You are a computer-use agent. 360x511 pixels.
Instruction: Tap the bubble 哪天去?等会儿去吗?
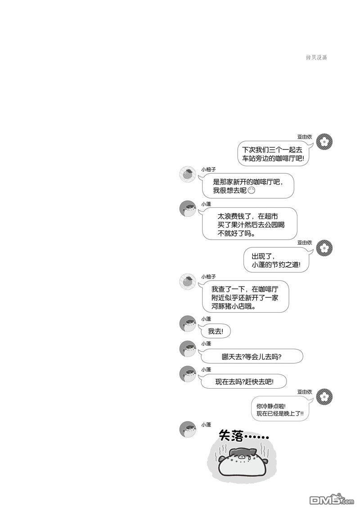point(252,357)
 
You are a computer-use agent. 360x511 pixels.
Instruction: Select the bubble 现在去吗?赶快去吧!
point(243,381)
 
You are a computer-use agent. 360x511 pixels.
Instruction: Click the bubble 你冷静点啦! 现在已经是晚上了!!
point(280,410)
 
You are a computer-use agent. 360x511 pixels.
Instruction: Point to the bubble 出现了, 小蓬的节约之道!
point(276,260)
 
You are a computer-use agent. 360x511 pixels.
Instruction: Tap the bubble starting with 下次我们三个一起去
point(273,154)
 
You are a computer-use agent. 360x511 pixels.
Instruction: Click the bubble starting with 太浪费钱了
point(249,224)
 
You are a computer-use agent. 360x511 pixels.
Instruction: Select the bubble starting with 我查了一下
point(245,297)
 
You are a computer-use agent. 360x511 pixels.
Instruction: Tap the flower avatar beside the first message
point(324,142)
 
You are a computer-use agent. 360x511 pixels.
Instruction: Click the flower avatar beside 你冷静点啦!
point(324,397)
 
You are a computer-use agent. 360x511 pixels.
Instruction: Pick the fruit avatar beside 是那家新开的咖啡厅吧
point(188,174)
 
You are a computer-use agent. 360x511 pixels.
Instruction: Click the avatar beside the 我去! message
point(188,323)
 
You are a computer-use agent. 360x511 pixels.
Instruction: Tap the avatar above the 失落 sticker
point(188,429)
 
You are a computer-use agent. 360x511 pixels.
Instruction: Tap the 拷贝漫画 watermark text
point(316,58)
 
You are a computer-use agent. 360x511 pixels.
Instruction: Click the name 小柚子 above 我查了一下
point(208,277)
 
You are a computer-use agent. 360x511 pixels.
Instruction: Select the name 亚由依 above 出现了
point(305,243)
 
